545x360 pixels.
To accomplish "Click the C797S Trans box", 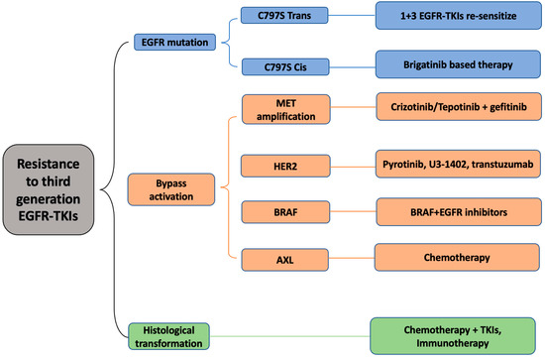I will pos(284,16).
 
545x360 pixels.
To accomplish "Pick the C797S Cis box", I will pos(284,65).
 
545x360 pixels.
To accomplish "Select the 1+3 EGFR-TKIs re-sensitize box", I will pos(459,16).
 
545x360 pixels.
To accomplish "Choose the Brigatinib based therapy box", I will pos(459,65).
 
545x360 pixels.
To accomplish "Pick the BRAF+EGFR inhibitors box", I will pos(459,210).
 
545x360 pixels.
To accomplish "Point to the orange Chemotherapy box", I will pos(459,257).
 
